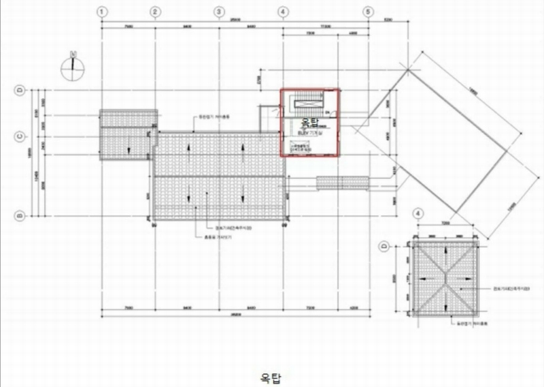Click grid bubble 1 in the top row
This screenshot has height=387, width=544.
[x=101, y=12]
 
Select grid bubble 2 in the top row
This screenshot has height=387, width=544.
[x=156, y=12]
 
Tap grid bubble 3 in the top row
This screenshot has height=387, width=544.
[x=219, y=12]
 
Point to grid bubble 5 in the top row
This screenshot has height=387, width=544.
[x=368, y=12]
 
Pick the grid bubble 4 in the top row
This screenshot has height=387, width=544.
[x=282, y=12]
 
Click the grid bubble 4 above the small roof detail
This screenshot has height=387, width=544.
[x=417, y=213]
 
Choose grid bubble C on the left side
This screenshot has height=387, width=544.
[x=20, y=136]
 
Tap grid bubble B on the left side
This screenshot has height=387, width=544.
[x=20, y=217]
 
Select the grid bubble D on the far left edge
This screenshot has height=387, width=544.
[x=20, y=89]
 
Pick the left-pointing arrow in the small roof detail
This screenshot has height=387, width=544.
[x=424, y=280]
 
